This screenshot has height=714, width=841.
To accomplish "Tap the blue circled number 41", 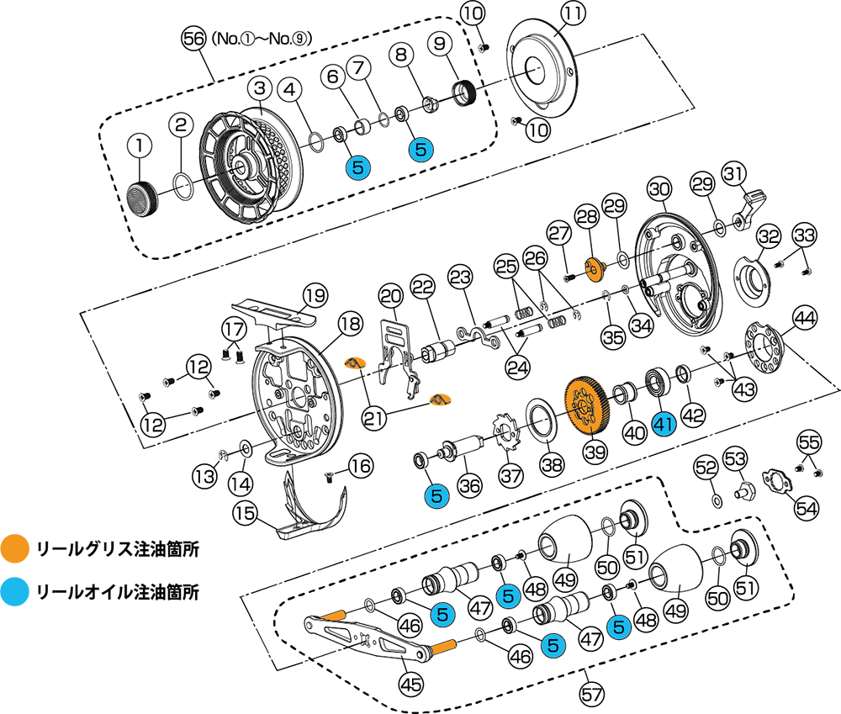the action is point(664,425).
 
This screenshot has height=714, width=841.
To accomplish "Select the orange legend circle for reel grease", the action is point(14,548).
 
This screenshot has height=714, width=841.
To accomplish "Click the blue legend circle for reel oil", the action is point(14,592).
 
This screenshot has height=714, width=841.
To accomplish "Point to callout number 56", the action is point(193,39).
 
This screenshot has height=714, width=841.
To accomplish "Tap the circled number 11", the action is point(573,14).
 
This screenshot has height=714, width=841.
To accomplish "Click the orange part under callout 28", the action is point(593,269).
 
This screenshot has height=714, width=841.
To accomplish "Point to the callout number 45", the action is point(411,685).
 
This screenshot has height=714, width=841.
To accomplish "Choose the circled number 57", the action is point(591,695).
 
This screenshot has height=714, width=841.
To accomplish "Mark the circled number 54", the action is point(807,507).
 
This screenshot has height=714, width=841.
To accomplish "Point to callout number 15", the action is point(245,513).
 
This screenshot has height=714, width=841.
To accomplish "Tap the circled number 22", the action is point(423,288).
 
